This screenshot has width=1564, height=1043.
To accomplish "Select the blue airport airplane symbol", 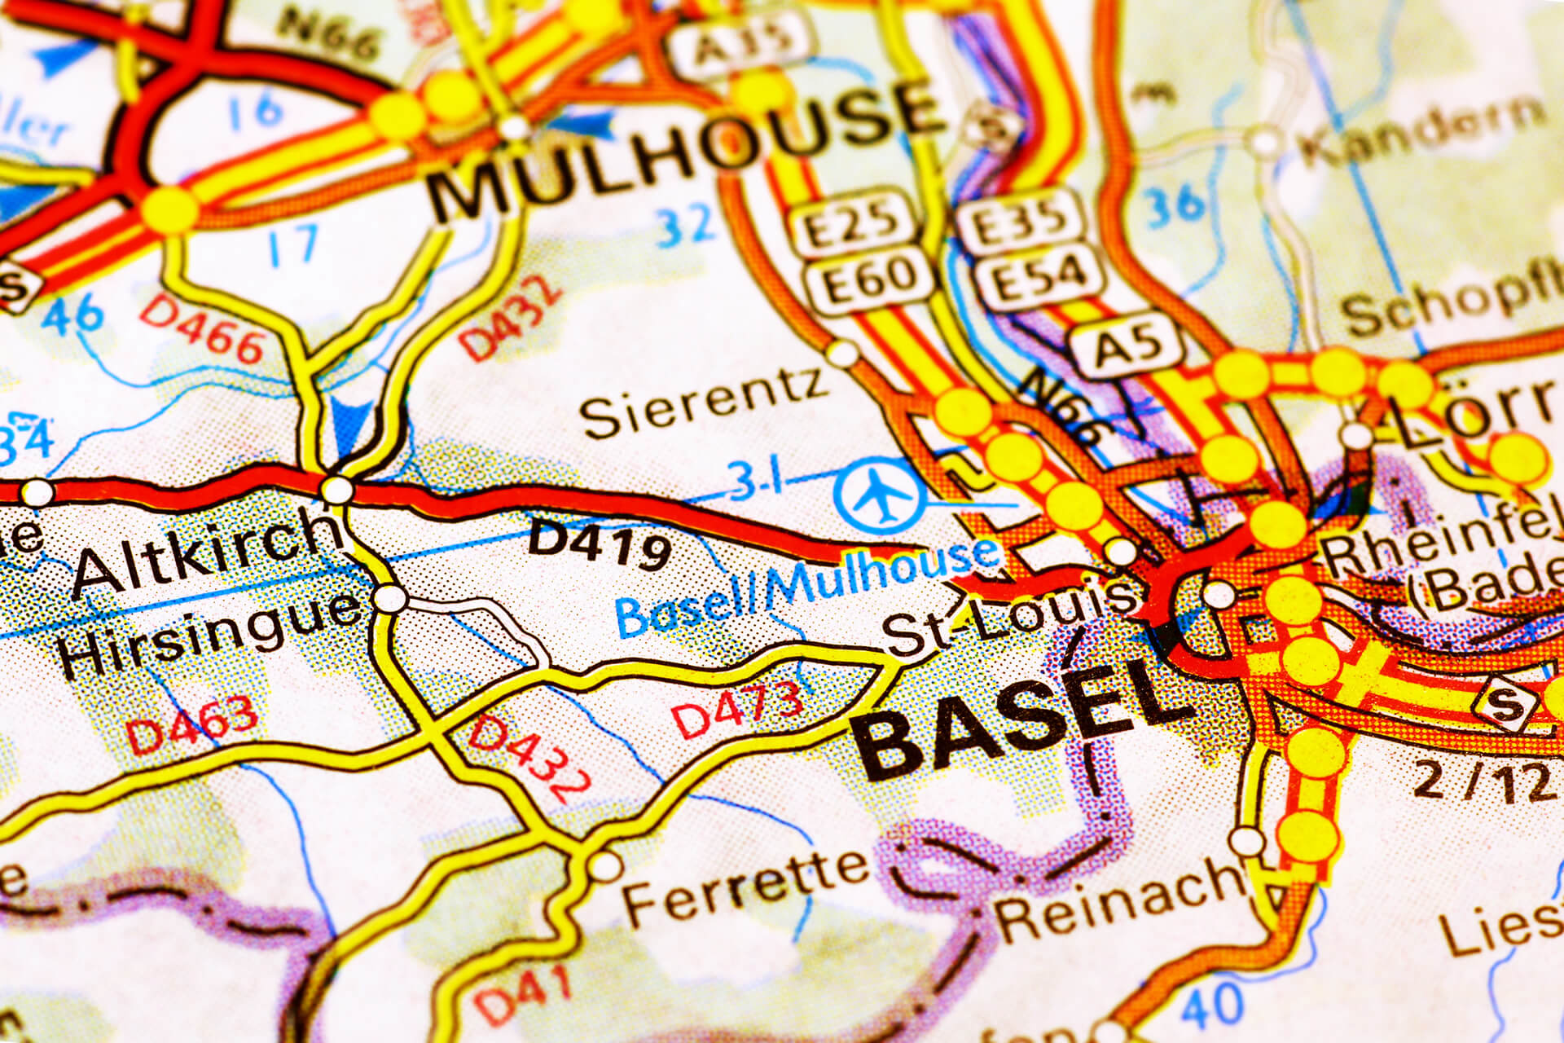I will (x=879, y=495).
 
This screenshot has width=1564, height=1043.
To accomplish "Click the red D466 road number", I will (x=203, y=330).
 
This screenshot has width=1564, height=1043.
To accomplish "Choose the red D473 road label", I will (x=738, y=710).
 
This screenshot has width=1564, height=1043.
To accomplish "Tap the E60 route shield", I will (x=868, y=279).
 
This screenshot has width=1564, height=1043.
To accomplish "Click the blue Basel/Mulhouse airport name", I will (x=806, y=587).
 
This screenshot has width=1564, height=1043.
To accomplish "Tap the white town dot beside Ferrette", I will (x=604, y=865).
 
